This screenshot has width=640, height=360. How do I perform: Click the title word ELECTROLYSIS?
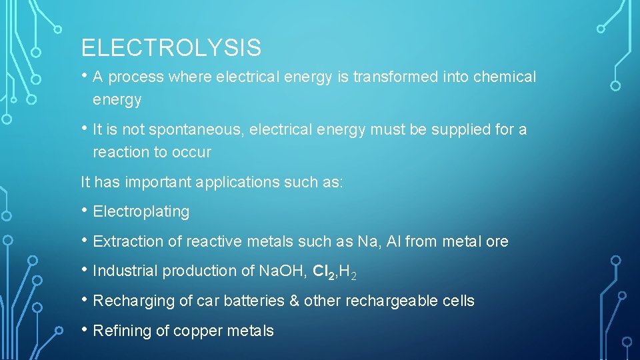point(171,48)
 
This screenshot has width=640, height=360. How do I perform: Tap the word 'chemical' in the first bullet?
point(504,77)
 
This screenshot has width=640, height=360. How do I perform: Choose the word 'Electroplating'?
point(141,212)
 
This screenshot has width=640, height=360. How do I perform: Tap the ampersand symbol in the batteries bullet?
point(294,301)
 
